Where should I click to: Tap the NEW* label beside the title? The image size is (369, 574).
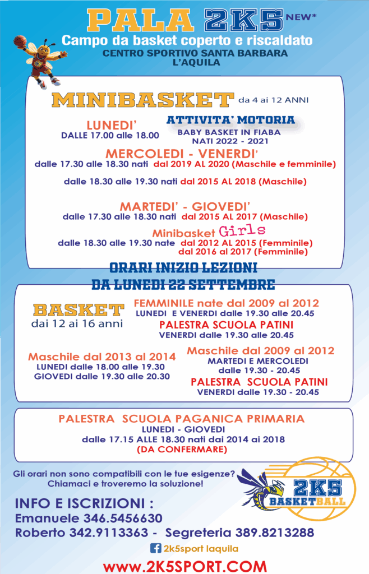click(301, 18)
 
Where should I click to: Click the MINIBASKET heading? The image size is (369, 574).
click(141, 100)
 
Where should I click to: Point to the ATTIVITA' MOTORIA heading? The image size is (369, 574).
click(230, 120)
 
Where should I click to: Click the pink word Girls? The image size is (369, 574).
click(242, 231)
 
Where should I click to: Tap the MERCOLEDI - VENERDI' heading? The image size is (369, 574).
click(182, 154)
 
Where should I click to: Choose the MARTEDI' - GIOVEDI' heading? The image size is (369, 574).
click(184, 206)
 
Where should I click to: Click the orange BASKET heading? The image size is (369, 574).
click(79, 310)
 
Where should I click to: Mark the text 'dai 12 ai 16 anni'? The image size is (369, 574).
click(77, 323)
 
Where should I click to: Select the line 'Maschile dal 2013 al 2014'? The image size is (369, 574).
click(102, 357)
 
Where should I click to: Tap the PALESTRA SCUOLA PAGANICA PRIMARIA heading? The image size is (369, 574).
click(182, 418)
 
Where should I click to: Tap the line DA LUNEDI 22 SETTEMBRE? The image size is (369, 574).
click(183, 284)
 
